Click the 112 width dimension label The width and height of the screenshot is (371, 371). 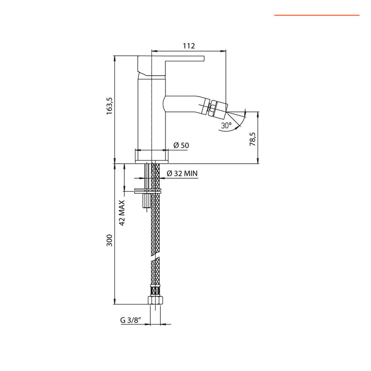189,46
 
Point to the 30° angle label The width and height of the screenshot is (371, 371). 226,125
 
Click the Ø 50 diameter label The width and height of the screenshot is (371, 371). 181,145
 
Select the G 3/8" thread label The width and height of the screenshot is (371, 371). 130,319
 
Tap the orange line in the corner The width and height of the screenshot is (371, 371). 316,15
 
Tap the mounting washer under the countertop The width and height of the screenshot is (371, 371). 148,191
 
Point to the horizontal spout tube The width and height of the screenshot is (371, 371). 185,103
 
